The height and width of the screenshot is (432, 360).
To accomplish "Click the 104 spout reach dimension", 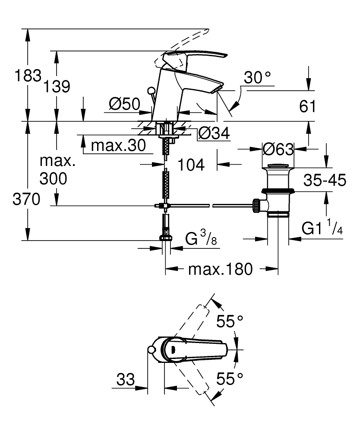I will coord(191,164).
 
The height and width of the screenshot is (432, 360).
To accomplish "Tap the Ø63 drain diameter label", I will coord(278,149).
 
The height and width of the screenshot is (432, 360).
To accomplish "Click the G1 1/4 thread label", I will coord(322,228).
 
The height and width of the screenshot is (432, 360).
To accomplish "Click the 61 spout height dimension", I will coord(307,106).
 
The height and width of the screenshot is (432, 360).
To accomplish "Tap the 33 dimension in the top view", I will coord(126,380).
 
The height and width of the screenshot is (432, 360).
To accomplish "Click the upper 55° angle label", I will coord(230,321).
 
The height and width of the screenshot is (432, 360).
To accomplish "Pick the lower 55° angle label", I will coord(230,379).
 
